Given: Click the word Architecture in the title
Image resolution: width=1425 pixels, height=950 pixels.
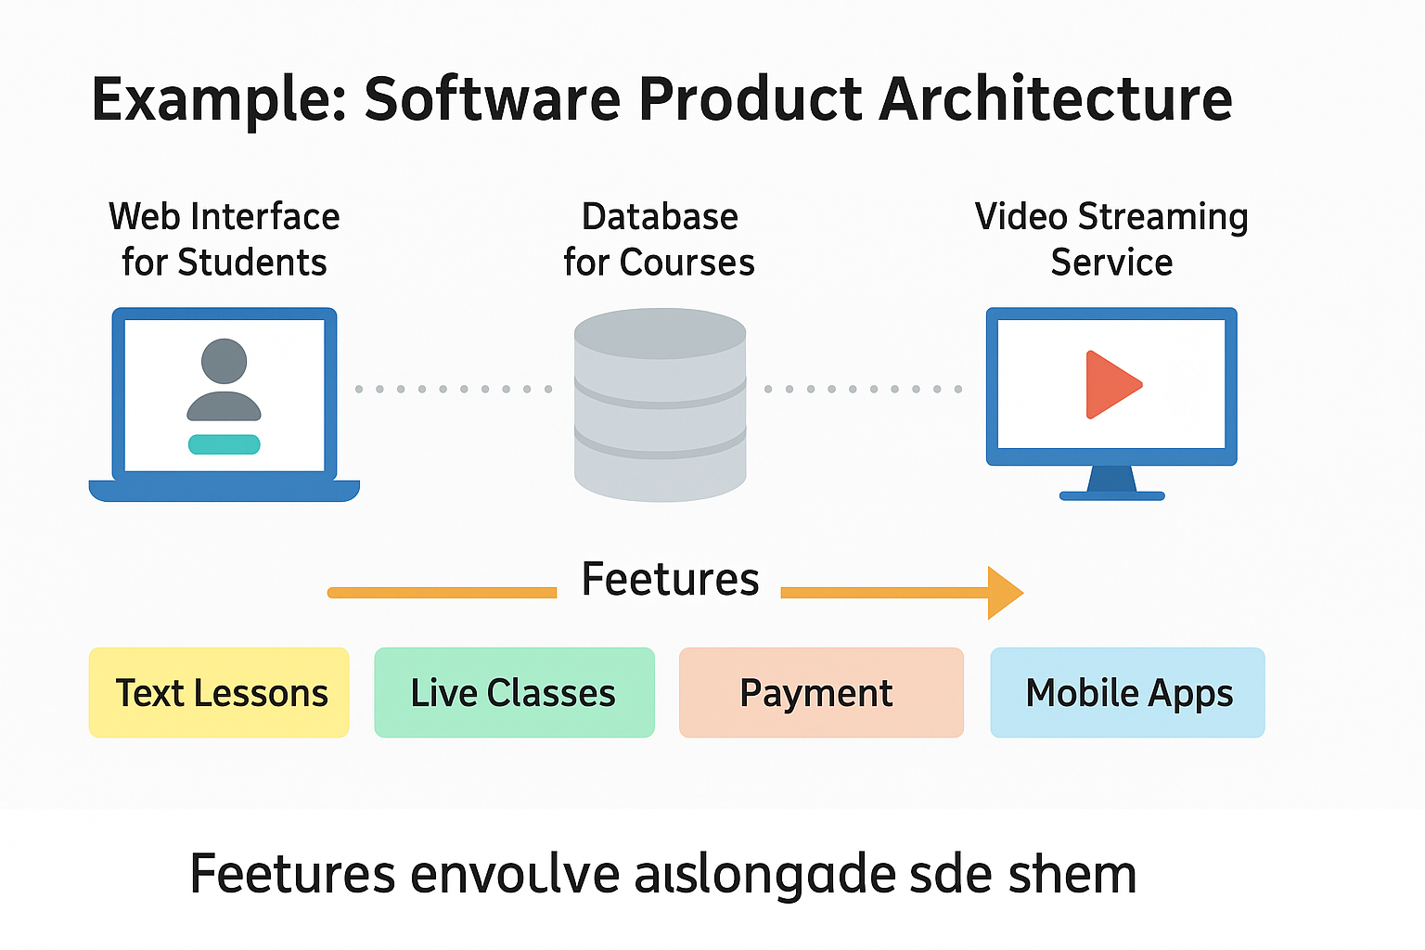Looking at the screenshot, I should click(x=1055, y=99).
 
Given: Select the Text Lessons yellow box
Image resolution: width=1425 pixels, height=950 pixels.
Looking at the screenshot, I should click(x=219, y=693).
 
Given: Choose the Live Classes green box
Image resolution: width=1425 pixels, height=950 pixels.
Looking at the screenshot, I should click(x=514, y=693).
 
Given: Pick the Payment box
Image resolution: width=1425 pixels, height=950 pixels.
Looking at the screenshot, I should click(x=821, y=693).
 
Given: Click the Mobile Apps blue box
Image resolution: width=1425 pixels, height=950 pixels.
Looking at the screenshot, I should click(x=1127, y=693).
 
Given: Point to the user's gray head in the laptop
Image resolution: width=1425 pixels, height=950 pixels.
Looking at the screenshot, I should click(x=224, y=361).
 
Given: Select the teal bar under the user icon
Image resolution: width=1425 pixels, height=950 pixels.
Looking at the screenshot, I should click(x=224, y=444).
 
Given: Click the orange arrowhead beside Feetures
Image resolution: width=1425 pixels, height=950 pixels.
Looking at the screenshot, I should click(x=1005, y=592).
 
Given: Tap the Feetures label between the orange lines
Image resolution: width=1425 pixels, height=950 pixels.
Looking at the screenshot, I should click(x=670, y=580).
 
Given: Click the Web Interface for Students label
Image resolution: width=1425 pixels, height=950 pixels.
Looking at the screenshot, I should click(x=224, y=239).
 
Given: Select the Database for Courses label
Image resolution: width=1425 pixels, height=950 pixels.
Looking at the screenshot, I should click(x=659, y=239).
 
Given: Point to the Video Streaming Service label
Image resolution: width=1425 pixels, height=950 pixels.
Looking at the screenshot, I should click(x=1111, y=239).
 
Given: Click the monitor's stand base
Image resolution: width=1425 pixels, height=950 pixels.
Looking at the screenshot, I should click(x=1111, y=495).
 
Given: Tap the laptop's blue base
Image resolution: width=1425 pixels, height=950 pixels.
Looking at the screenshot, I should click(x=224, y=491).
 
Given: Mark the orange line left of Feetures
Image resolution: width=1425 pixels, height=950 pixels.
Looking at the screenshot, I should click(x=442, y=592).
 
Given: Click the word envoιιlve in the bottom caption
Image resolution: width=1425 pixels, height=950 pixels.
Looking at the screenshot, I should click(x=515, y=874).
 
